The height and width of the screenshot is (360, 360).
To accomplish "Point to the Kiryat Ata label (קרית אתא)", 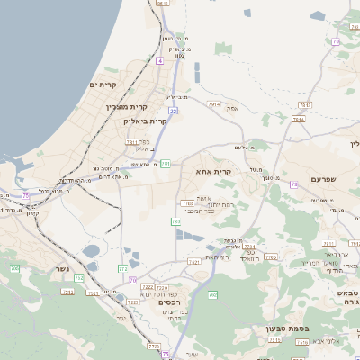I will (213, 170).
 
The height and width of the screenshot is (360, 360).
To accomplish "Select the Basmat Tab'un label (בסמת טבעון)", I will (286, 328).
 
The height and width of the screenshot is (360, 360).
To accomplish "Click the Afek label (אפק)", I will (232, 109).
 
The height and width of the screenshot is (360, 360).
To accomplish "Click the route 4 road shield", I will (159, 60).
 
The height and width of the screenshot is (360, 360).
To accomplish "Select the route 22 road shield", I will (173, 111).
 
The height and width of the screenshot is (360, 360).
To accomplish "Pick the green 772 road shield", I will (122, 268).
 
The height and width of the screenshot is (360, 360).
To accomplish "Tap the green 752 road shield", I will (78, 278).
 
